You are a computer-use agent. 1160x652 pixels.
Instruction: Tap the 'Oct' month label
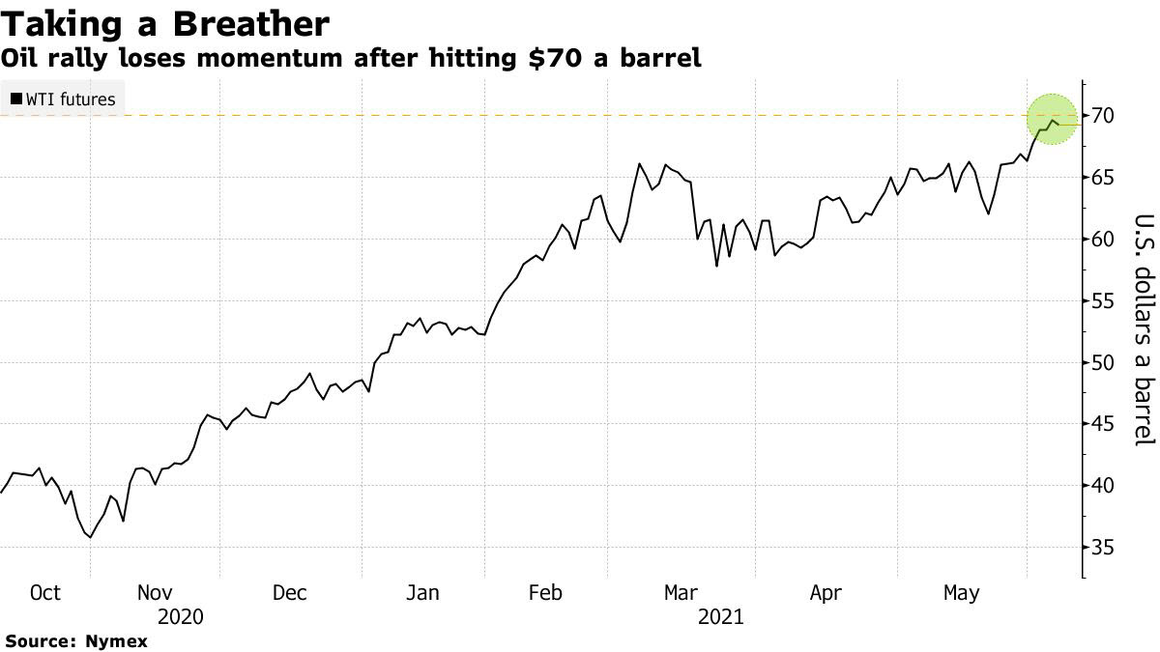point(45,592)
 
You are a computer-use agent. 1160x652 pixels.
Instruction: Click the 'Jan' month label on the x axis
point(421,592)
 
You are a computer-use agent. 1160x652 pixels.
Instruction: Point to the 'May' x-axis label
point(960,592)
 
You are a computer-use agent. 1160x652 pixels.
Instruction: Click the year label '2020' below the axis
point(180,616)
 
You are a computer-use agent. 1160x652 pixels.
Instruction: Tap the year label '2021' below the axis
point(721,616)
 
